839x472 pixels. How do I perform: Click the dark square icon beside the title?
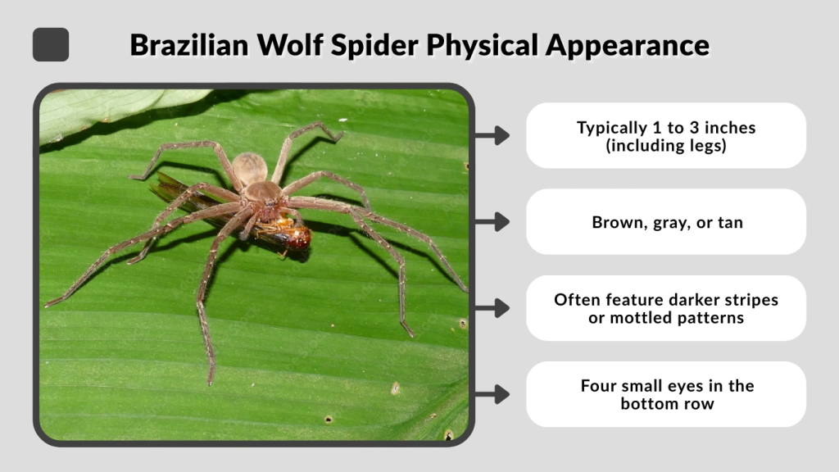click(51, 44)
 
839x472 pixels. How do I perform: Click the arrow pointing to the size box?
click(492, 135)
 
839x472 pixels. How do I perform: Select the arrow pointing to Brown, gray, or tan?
click(492, 222)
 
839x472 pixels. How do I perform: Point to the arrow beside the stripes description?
click(492, 308)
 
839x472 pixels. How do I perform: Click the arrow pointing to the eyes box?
click(492, 394)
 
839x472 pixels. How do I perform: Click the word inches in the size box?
click(728, 128)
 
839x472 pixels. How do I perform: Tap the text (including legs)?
click(666, 146)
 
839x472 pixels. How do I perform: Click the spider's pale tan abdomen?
click(249, 169)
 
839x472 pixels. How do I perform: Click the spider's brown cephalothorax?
click(264, 196)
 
